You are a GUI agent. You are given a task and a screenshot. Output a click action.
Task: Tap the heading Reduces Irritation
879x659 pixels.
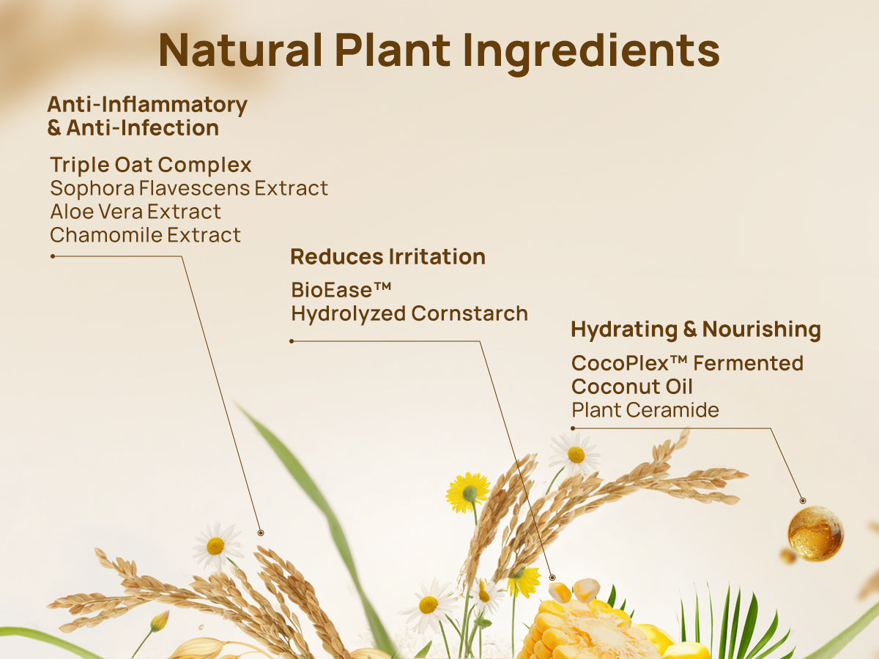(387, 257)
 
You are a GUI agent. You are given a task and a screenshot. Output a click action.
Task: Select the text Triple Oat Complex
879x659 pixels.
(151, 165)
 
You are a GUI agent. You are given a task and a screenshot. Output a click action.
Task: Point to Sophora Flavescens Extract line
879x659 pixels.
(189, 188)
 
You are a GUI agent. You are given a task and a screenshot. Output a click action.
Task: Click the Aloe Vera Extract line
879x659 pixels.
(136, 212)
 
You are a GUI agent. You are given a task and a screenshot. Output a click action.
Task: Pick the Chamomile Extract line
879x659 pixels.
(145, 235)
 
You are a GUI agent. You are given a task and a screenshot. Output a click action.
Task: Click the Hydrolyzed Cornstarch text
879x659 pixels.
(409, 313)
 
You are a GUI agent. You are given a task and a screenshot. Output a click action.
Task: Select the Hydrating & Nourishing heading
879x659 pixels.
(695, 329)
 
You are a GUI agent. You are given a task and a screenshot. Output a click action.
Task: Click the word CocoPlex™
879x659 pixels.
(629, 363)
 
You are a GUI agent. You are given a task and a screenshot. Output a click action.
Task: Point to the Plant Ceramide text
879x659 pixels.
(645, 410)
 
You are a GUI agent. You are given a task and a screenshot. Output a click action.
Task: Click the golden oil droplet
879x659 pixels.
(815, 533)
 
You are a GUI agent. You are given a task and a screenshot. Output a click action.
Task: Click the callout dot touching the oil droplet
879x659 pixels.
(803, 500)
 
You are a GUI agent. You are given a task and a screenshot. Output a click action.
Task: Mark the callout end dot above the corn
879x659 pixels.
(552, 577)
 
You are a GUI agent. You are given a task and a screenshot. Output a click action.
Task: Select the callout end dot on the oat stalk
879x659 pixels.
(260, 532)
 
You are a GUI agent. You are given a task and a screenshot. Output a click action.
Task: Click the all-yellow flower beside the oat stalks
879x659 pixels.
(468, 492)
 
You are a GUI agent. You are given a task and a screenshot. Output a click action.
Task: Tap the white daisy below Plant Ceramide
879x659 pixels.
(576, 454)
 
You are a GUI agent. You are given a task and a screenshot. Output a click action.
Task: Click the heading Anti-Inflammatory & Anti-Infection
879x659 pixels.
(146, 116)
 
